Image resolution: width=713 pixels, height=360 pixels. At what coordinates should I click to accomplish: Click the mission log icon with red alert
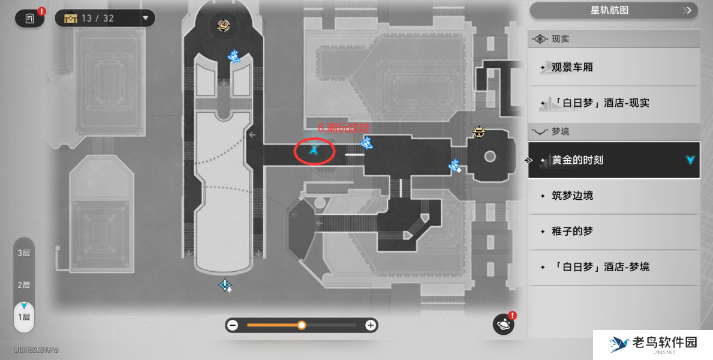(x=29, y=19)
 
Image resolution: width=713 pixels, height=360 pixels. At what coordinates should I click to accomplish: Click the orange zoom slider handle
(x=302, y=325)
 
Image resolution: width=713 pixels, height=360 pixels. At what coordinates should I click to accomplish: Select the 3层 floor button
(x=24, y=253)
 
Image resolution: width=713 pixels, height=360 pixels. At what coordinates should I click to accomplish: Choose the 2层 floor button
(x=24, y=285)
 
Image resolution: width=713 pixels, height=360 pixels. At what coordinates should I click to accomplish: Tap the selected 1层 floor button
(x=24, y=317)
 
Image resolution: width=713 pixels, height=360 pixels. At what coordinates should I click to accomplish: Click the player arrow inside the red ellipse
(x=314, y=151)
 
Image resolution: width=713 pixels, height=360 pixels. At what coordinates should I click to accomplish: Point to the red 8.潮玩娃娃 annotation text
(x=343, y=128)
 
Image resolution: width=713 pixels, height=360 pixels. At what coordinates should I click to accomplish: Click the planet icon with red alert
(x=503, y=325)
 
